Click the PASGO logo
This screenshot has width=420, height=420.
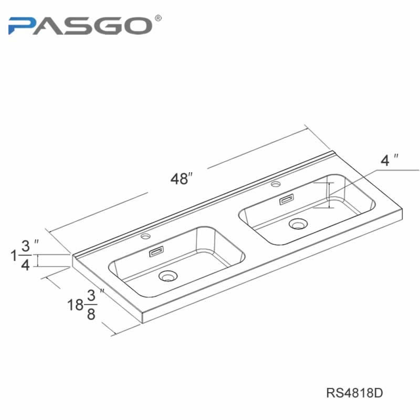tap(85, 25)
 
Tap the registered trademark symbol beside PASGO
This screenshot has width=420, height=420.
tap(159, 18)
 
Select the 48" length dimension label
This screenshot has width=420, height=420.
tap(182, 178)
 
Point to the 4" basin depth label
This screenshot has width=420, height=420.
tap(389, 160)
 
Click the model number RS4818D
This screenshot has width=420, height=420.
tap(354, 393)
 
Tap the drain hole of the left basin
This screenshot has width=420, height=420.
tap(168, 276)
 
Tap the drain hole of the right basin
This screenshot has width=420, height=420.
tap(298, 224)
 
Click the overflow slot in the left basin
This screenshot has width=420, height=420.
tap(156, 252)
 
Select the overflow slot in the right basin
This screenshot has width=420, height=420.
tap(286, 199)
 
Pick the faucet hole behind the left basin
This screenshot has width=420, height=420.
tap(146, 236)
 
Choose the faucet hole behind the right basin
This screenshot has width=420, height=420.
tap(276, 184)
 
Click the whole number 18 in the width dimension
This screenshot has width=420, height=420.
tap(75, 305)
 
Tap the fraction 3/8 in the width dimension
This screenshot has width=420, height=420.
tap(91, 305)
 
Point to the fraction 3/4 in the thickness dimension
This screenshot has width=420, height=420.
tap(25, 256)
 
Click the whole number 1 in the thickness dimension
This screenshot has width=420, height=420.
tap(14, 256)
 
